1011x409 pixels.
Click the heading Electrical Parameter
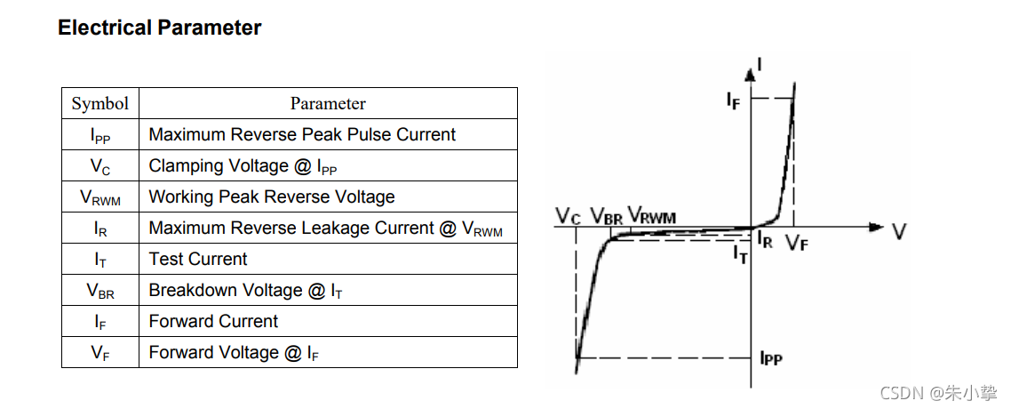[159, 28]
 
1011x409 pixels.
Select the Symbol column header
[100, 103]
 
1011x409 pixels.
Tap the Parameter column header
[328, 103]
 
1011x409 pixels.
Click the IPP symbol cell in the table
[100, 135]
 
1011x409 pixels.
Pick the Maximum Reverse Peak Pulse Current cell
[302, 135]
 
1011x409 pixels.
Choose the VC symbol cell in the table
[100, 166]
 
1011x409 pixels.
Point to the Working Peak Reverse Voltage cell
[272, 197]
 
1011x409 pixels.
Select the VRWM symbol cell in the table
[100, 197]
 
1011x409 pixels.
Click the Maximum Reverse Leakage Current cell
[325, 229]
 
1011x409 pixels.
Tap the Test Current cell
[198, 260]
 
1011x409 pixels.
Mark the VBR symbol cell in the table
[100, 291]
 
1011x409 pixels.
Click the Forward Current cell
[213, 322]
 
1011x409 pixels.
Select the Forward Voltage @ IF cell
[234, 353]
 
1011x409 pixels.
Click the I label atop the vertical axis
[760, 64]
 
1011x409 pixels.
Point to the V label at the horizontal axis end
[899, 231]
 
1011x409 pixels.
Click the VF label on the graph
[797, 243]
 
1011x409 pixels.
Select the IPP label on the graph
[770, 358]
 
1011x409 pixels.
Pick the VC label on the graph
[569, 215]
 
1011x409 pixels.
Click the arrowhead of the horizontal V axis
[877, 228]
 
